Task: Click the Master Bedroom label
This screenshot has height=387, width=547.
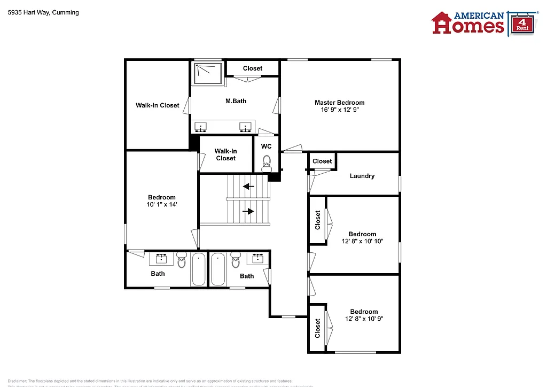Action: pos(339,103)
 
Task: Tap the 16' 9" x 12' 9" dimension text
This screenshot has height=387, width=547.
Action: pos(339,110)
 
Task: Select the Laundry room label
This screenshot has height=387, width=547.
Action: pos(362,176)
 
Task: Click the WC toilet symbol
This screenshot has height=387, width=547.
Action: pos(267,162)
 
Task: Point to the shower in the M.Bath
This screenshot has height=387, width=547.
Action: pos(208,73)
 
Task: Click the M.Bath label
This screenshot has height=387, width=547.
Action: pos(236,101)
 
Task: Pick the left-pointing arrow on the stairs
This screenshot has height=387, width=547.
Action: pos(248,187)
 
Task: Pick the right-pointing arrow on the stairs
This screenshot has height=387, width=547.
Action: pos(248,211)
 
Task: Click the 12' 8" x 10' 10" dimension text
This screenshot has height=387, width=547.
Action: pos(362,241)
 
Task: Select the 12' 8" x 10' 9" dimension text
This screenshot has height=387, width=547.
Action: pos(364,319)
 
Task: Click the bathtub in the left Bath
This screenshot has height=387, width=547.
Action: pos(198,270)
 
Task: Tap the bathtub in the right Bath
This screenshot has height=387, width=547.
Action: pos(218,270)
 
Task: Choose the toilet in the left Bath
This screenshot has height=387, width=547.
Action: pos(182,262)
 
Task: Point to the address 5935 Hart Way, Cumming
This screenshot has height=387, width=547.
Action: pos(43,12)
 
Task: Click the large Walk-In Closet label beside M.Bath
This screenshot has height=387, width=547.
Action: pos(158,105)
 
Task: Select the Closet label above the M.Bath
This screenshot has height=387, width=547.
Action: pos(253,68)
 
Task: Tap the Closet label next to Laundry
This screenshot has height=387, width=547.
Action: pos(322,161)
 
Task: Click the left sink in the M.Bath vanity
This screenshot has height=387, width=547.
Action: pos(201,127)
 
